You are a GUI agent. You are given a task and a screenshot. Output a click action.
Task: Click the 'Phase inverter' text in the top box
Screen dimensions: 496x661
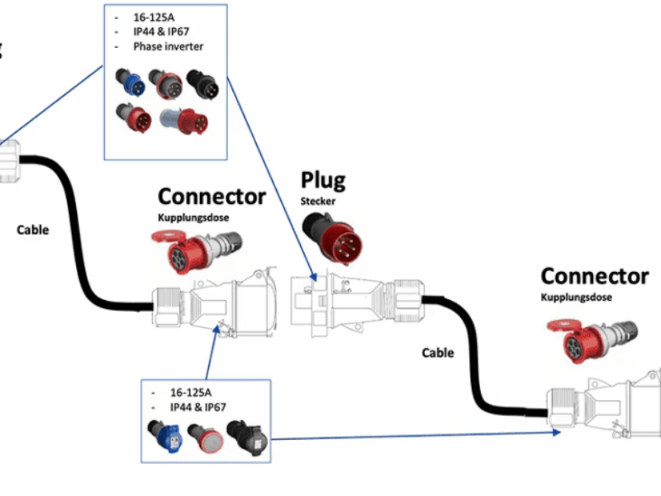tap(168, 47)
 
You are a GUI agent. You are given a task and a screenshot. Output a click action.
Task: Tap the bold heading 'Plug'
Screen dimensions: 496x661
tap(322, 179)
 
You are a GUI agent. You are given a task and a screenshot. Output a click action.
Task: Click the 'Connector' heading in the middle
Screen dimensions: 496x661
tap(212, 197)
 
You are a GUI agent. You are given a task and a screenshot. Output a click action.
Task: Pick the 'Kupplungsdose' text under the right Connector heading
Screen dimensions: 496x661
tap(577, 298)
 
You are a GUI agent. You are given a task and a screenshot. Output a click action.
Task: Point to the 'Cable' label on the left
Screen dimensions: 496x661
tap(33, 230)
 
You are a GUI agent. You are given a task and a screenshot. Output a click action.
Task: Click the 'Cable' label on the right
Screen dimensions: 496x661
tap(438, 353)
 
